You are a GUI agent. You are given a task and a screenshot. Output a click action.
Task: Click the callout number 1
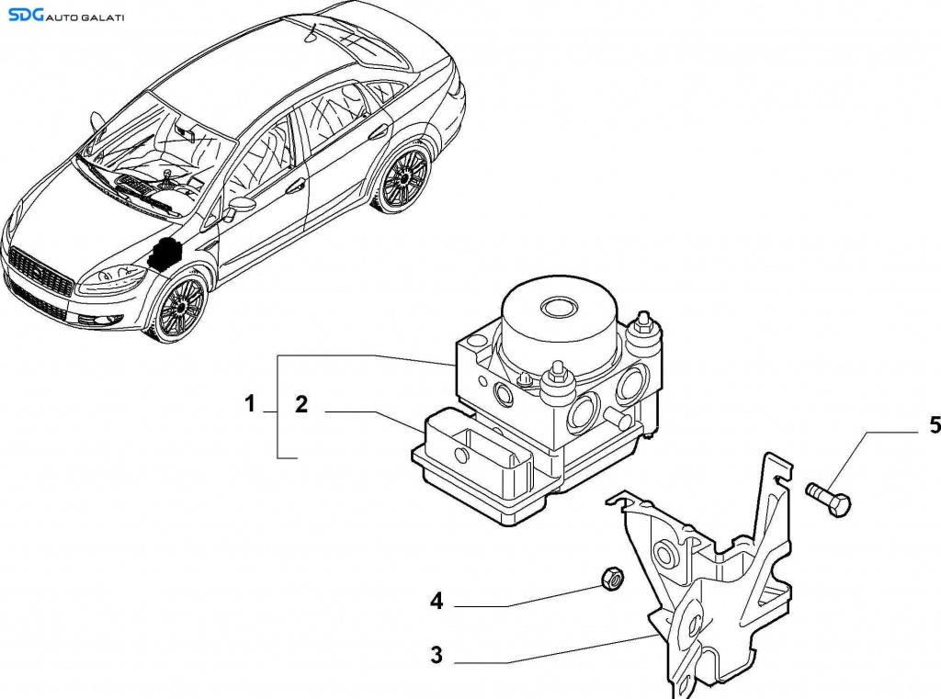click(249, 403)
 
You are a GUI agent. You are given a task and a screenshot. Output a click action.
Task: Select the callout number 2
click(300, 403)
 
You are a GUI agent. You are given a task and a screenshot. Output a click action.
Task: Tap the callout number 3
click(436, 655)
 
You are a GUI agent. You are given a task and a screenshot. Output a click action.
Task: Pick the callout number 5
click(935, 424)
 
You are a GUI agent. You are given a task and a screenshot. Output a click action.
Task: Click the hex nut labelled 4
click(610, 578)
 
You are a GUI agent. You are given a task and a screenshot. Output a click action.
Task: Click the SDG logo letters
click(27, 15)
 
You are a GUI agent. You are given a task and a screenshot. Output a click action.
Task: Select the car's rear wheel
click(403, 178)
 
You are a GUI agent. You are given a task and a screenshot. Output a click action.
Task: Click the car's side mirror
click(241, 204)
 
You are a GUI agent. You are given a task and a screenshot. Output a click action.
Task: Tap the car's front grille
click(40, 273)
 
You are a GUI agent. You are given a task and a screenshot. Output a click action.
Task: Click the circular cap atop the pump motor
click(558, 306)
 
